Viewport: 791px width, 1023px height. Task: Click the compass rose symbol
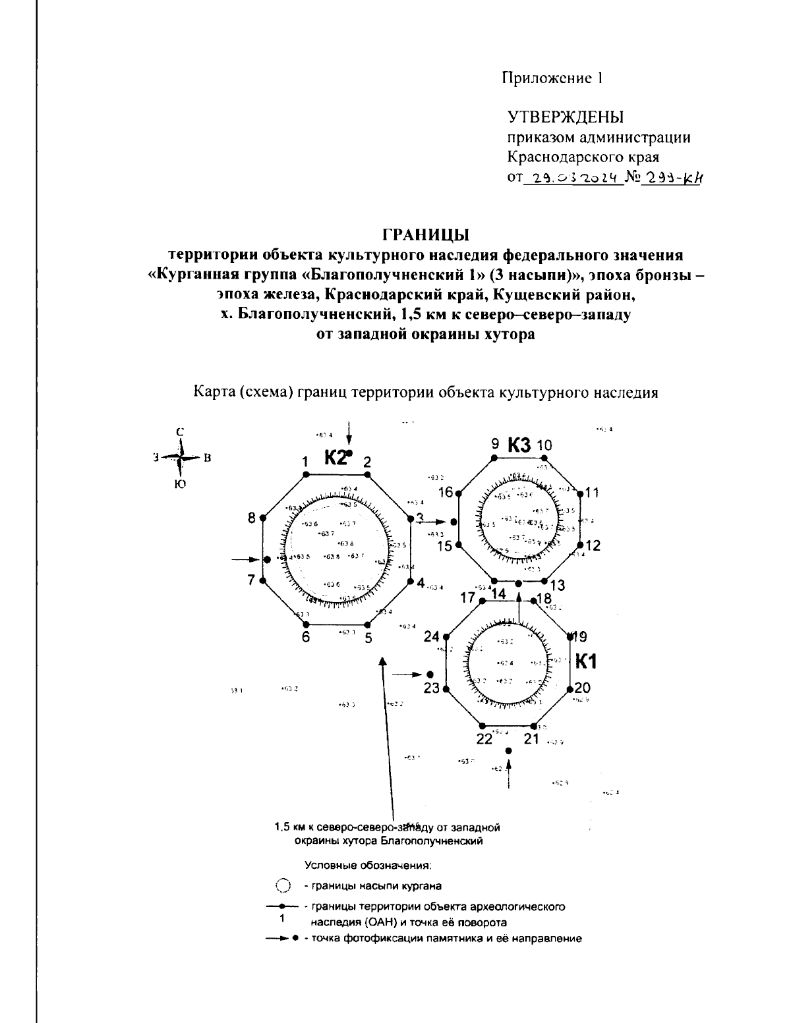coord(180,458)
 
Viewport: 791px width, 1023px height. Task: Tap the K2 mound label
coord(336,457)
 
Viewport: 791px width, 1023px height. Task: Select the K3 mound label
coord(519,446)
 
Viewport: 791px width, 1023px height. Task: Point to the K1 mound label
coord(586,661)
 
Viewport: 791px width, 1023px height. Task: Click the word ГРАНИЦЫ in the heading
coord(426,235)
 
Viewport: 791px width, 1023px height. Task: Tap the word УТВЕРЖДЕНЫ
coord(566,118)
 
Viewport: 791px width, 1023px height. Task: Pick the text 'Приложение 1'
coord(553,78)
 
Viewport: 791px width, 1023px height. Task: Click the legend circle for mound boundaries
coord(283,886)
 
